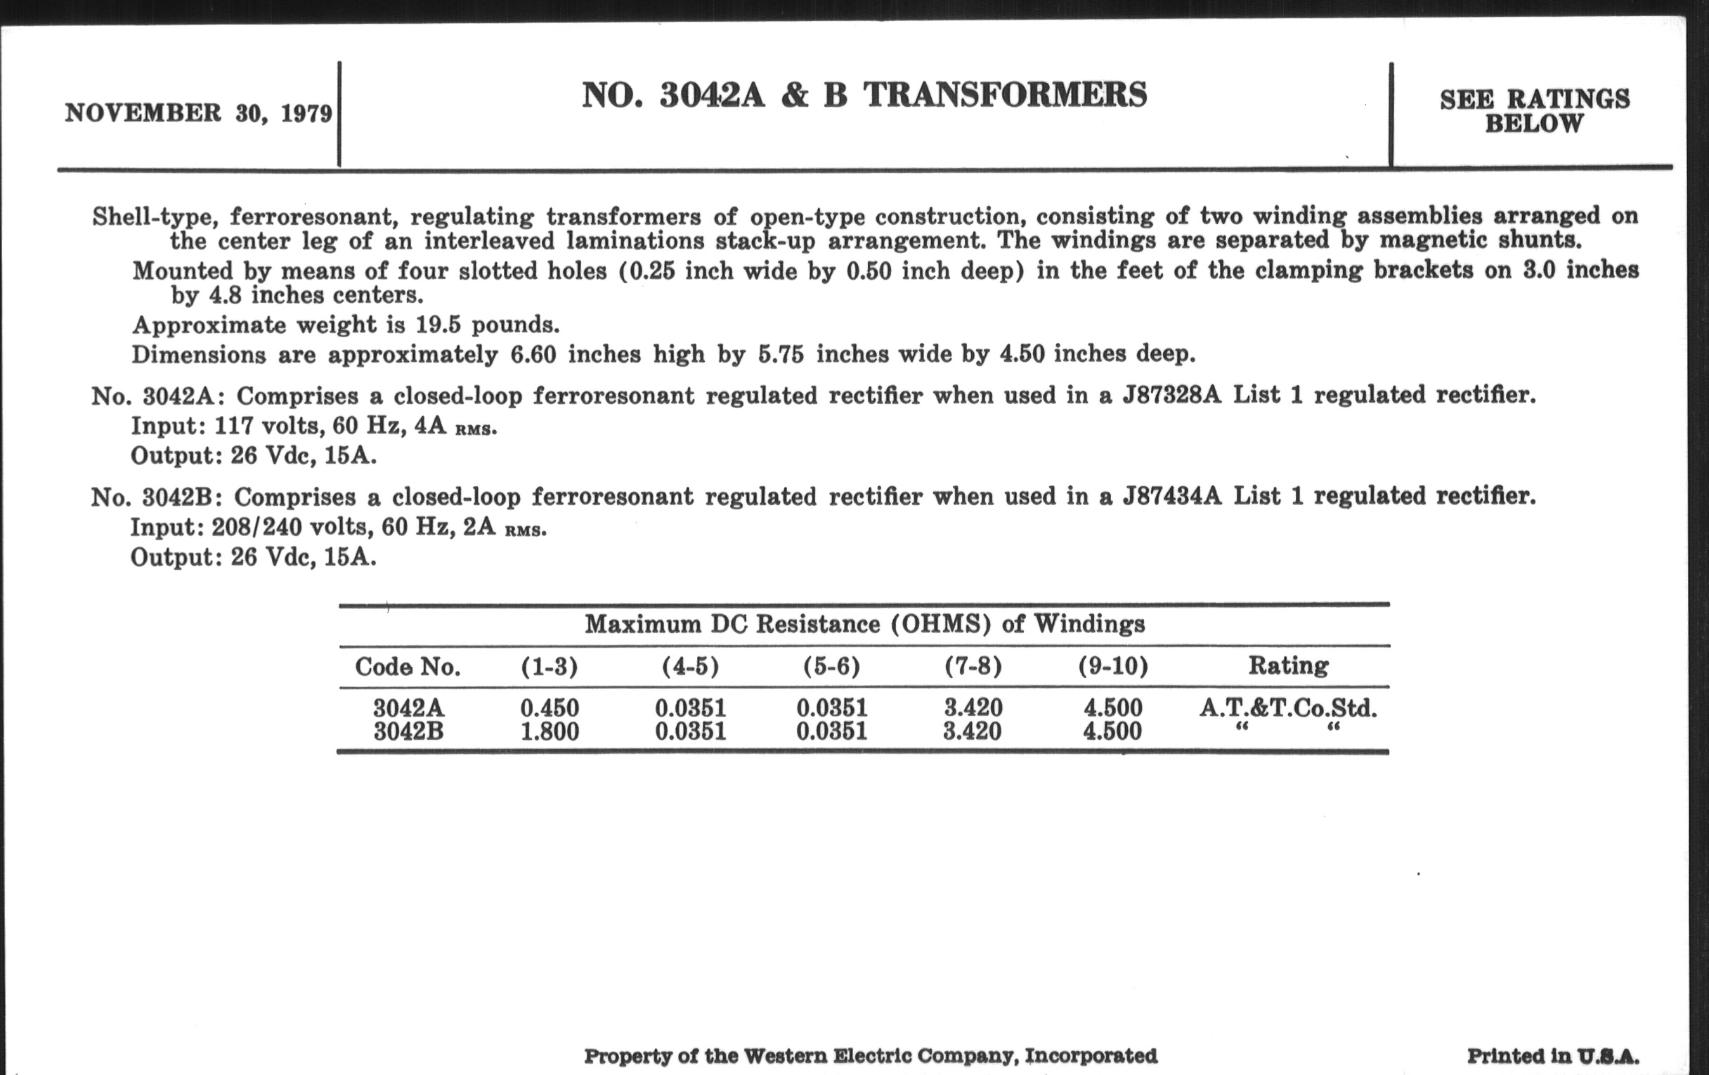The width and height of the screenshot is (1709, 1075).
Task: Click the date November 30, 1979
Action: pos(198,114)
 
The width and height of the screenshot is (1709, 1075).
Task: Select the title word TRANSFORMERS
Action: pos(1005,95)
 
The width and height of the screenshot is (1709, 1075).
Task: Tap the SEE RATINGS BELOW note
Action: pos(1535,111)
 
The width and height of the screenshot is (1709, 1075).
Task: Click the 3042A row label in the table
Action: pos(409,708)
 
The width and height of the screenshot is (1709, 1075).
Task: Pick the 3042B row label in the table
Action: pos(409,731)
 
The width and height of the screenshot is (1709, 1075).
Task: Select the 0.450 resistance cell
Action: pos(550,708)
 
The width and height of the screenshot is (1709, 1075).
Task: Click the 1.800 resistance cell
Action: pos(550,731)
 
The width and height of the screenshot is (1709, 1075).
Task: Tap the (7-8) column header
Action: pos(973,665)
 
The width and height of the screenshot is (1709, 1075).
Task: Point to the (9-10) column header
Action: pos(1113,665)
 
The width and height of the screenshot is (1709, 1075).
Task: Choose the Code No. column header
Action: pos(408,666)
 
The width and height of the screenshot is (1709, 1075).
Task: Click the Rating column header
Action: pos(1288,665)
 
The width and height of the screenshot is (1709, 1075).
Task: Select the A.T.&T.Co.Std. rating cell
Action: pos(1288,708)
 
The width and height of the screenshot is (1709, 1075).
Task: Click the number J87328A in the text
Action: pos(1171,395)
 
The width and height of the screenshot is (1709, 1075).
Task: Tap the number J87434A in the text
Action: pos(1171,495)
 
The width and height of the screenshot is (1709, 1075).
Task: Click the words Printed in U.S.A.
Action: pos(1553,1056)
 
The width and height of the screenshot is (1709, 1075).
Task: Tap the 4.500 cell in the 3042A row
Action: pos(1113,708)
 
